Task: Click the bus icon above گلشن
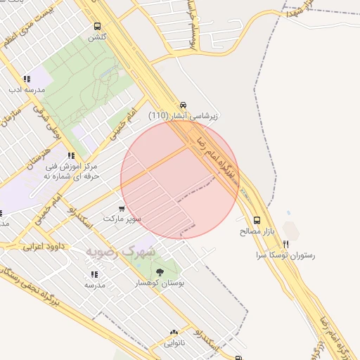point(97,27)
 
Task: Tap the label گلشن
point(97,37)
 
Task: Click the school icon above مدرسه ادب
point(27,79)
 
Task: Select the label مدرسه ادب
point(27,90)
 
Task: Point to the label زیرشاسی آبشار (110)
point(183,115)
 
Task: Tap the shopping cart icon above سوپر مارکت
point(122,208)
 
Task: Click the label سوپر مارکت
point(122,219)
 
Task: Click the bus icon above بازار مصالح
point(256,219)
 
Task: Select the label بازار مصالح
point(255,231)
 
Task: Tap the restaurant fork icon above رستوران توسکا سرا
point(285,244)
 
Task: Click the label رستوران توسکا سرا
point(285,256)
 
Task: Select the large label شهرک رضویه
point(122,251)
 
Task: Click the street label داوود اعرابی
point(44,247)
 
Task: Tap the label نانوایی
point(173,343)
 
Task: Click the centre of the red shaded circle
point(180,179)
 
